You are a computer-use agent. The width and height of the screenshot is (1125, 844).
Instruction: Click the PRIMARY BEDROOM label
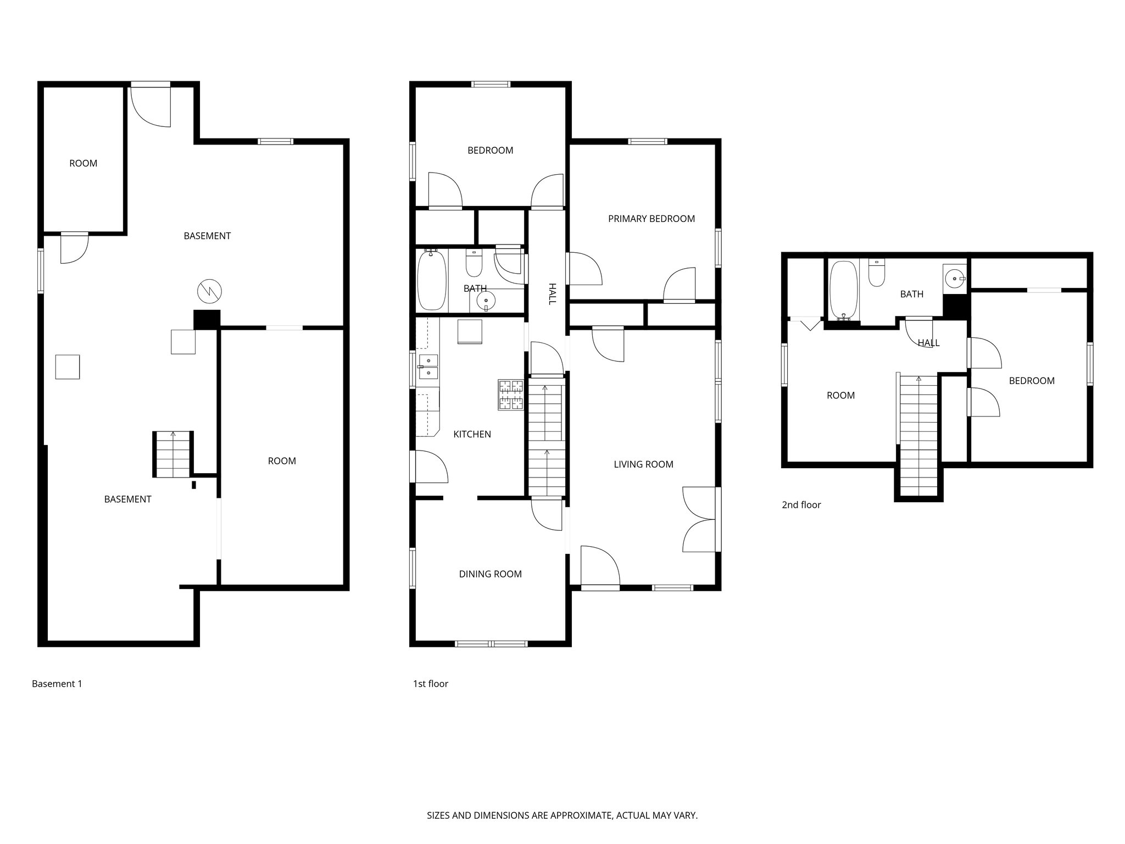(x=651, y=219)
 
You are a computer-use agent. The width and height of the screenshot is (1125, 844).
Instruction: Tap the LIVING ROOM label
(x=643, y=464)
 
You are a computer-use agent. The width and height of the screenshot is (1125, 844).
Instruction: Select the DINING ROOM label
(x=490, y=574)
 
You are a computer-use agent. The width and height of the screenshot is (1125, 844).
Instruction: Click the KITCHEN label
(x=472, y=434)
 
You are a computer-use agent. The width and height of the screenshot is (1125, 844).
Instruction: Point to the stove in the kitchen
(x=511, y=395)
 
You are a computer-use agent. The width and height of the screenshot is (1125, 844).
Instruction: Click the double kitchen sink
(x=428, y=367)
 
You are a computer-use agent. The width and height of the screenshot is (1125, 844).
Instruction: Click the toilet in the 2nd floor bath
(x=877, y=273)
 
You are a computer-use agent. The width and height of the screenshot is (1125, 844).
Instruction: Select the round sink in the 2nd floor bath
(x=955, y=279)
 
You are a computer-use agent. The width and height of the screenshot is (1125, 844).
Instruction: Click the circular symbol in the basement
(x=209, y=291)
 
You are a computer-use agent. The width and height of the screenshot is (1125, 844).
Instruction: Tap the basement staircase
(x=173, y=454)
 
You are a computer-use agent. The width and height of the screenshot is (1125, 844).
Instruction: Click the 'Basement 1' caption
(x=57, y=684)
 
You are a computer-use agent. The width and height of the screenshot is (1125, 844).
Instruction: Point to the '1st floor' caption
(x=431, y=684)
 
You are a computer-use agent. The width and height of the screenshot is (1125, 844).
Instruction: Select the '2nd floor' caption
(x=801, y=505)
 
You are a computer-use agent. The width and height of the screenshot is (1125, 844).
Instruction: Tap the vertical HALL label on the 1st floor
(x=552, y=294)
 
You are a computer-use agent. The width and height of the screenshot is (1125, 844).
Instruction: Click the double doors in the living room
(x=700, y=519)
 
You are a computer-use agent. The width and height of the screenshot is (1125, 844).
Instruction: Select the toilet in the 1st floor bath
(x=474, y=263)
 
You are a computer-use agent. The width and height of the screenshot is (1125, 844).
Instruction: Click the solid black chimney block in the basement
(x=207, y=319)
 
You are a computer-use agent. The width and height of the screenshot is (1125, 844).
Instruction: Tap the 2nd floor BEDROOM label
(x=1031, y=381)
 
